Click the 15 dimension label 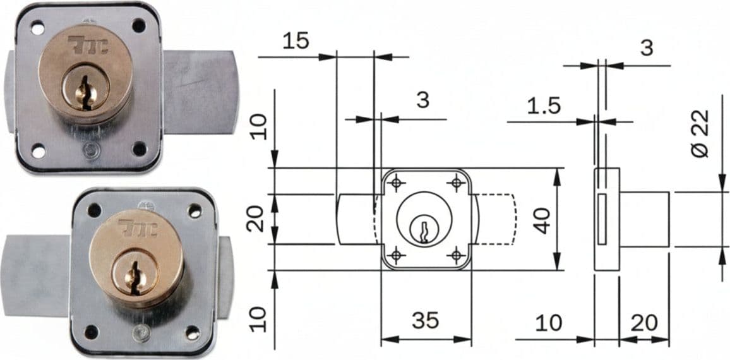[296, 42]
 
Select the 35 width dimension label [426, 320]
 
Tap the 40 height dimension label [542, 220]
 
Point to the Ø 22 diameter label [700, 133]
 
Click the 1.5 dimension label [544, 107]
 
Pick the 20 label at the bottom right [644, 323]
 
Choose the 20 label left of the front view [256, 219]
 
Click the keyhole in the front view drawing [424, 229]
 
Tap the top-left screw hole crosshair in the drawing [396, 183]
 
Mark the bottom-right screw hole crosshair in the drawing [456, 255]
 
